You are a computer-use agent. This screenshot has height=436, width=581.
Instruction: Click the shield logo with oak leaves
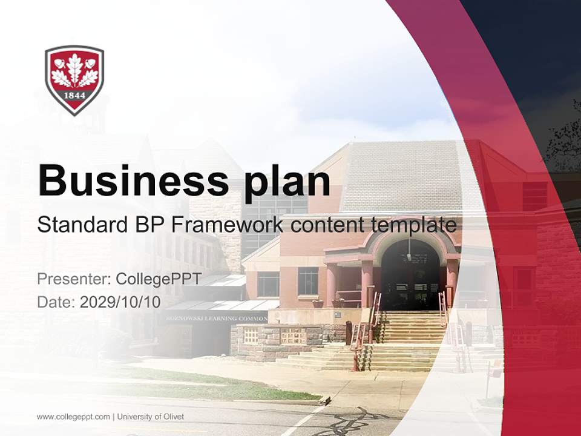pyautogui.click(x=74, y=79)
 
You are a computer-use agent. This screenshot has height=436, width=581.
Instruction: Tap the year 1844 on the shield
pyautogui.click(x=74, y=96)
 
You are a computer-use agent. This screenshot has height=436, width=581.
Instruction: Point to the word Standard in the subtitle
pyautogui.click(x=80, y=225)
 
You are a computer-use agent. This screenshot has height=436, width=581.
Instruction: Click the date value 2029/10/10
pyautogui.click(x=120, y=302)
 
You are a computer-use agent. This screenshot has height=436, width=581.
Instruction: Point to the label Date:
pyautogui.click(x=56, y=302)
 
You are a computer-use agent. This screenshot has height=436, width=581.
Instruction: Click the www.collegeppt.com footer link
pyautogui.click(x=73, y=417)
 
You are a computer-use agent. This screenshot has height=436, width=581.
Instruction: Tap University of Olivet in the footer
pyautogui.click(x=151, y=417)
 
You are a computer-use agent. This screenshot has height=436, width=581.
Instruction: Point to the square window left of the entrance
pyautogui.click(x=307, y=281)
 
